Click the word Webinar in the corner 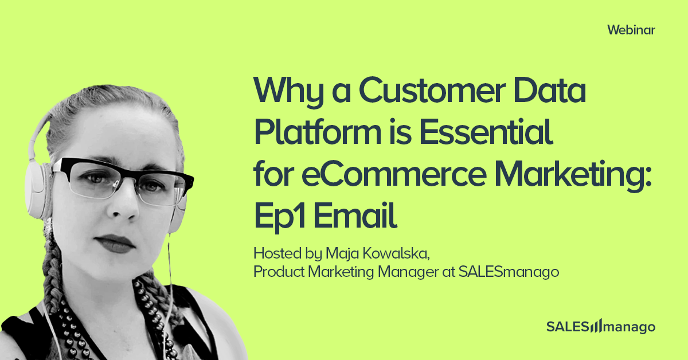(x=631, y=30)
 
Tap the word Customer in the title (x=432, y=90)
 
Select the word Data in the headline (x=549, y=90)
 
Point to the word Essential (x=486, y=131)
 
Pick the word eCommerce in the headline (x=394, y=174)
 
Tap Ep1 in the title (x=280, y=217)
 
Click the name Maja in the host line (x=342, y=254)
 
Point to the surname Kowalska (x=396, y=253)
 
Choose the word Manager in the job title (x=408, y=272)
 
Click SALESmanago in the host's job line (x=509, y=272)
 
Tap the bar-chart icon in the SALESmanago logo (x=596, y=326)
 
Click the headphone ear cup (x=37, y=190)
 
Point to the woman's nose (x=123, y=204)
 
